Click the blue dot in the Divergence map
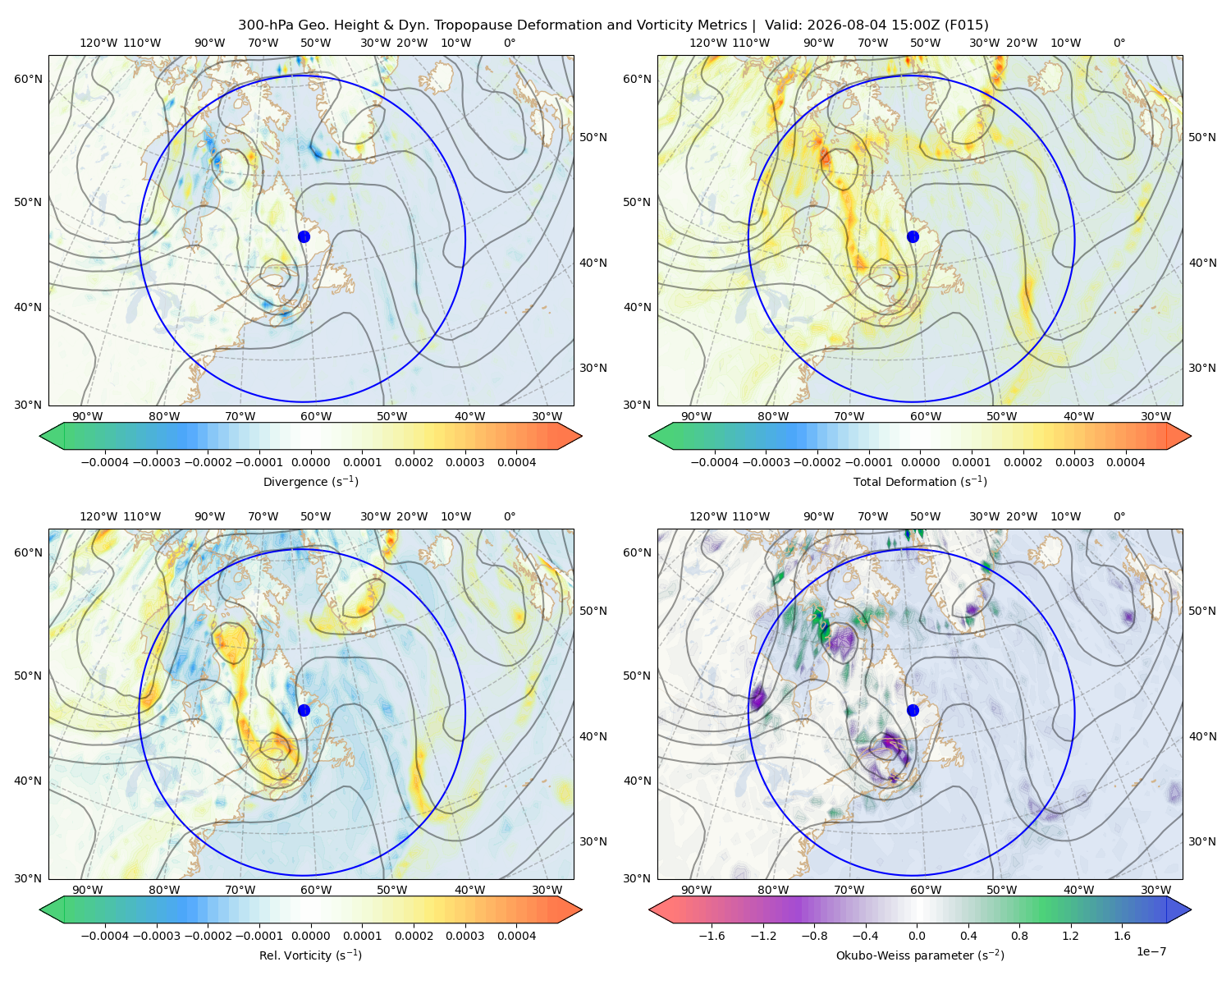(304, 236)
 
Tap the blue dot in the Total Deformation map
(913, 236)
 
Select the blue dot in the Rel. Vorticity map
(304, 710)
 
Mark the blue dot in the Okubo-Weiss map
(913, 710)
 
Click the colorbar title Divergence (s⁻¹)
(310, 481)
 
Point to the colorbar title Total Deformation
(920, 481)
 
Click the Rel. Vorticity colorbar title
(310, 955)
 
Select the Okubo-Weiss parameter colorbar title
(920, 955)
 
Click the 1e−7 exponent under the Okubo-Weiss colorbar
(1151, 951)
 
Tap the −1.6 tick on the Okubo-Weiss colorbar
(712, 936)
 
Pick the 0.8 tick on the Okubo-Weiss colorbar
(1019, 936)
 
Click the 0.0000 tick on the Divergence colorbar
(310, 462)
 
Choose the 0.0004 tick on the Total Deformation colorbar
(1125, 462)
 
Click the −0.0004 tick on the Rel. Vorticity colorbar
(105, 936)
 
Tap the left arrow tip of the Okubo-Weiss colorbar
(649, 909)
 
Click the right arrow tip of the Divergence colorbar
(582, 436)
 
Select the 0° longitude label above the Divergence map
(510, 43)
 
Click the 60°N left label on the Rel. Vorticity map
(28, 552)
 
